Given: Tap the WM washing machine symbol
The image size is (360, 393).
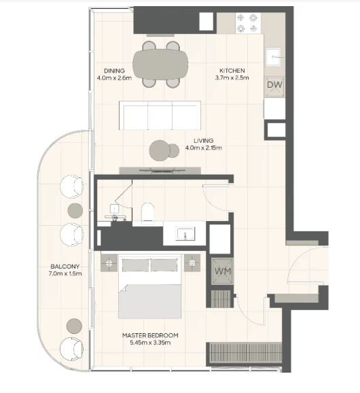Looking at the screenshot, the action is click(x=222, y=271).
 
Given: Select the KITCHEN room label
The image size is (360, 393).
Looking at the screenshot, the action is click(x=232, y=71).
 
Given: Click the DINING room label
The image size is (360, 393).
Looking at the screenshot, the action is click(x=114, y=71).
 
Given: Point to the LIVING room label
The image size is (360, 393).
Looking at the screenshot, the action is click(x=204, y=141).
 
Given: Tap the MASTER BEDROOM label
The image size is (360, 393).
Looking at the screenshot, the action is click(x=150, y=335).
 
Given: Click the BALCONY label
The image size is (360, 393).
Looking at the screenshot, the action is click(x=65, y=266).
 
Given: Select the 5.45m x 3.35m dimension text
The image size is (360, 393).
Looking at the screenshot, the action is click(x=150, y=343).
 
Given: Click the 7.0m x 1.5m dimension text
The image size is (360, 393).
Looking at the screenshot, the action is click(x=65, y=273).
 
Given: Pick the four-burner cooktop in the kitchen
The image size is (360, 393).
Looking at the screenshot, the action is click(x=248, y=23).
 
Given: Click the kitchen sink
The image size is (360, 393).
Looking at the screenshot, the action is click(x=273, y=57).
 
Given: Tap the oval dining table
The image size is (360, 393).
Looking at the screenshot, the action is click(x=160, y=65).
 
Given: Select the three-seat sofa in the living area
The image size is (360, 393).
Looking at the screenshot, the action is click(x=160, y=116).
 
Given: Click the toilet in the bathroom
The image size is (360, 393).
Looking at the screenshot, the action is click(x=147, y=212).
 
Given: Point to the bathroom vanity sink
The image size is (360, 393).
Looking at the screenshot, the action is click(x=185, y=234).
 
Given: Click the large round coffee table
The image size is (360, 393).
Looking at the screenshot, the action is click(x=160, y=150).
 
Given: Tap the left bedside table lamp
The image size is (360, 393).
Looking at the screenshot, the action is click(x=109, y=263).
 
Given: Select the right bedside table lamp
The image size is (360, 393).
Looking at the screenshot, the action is click(x=192, y=262).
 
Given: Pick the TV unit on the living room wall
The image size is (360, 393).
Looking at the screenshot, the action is click(x=160, y=171).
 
